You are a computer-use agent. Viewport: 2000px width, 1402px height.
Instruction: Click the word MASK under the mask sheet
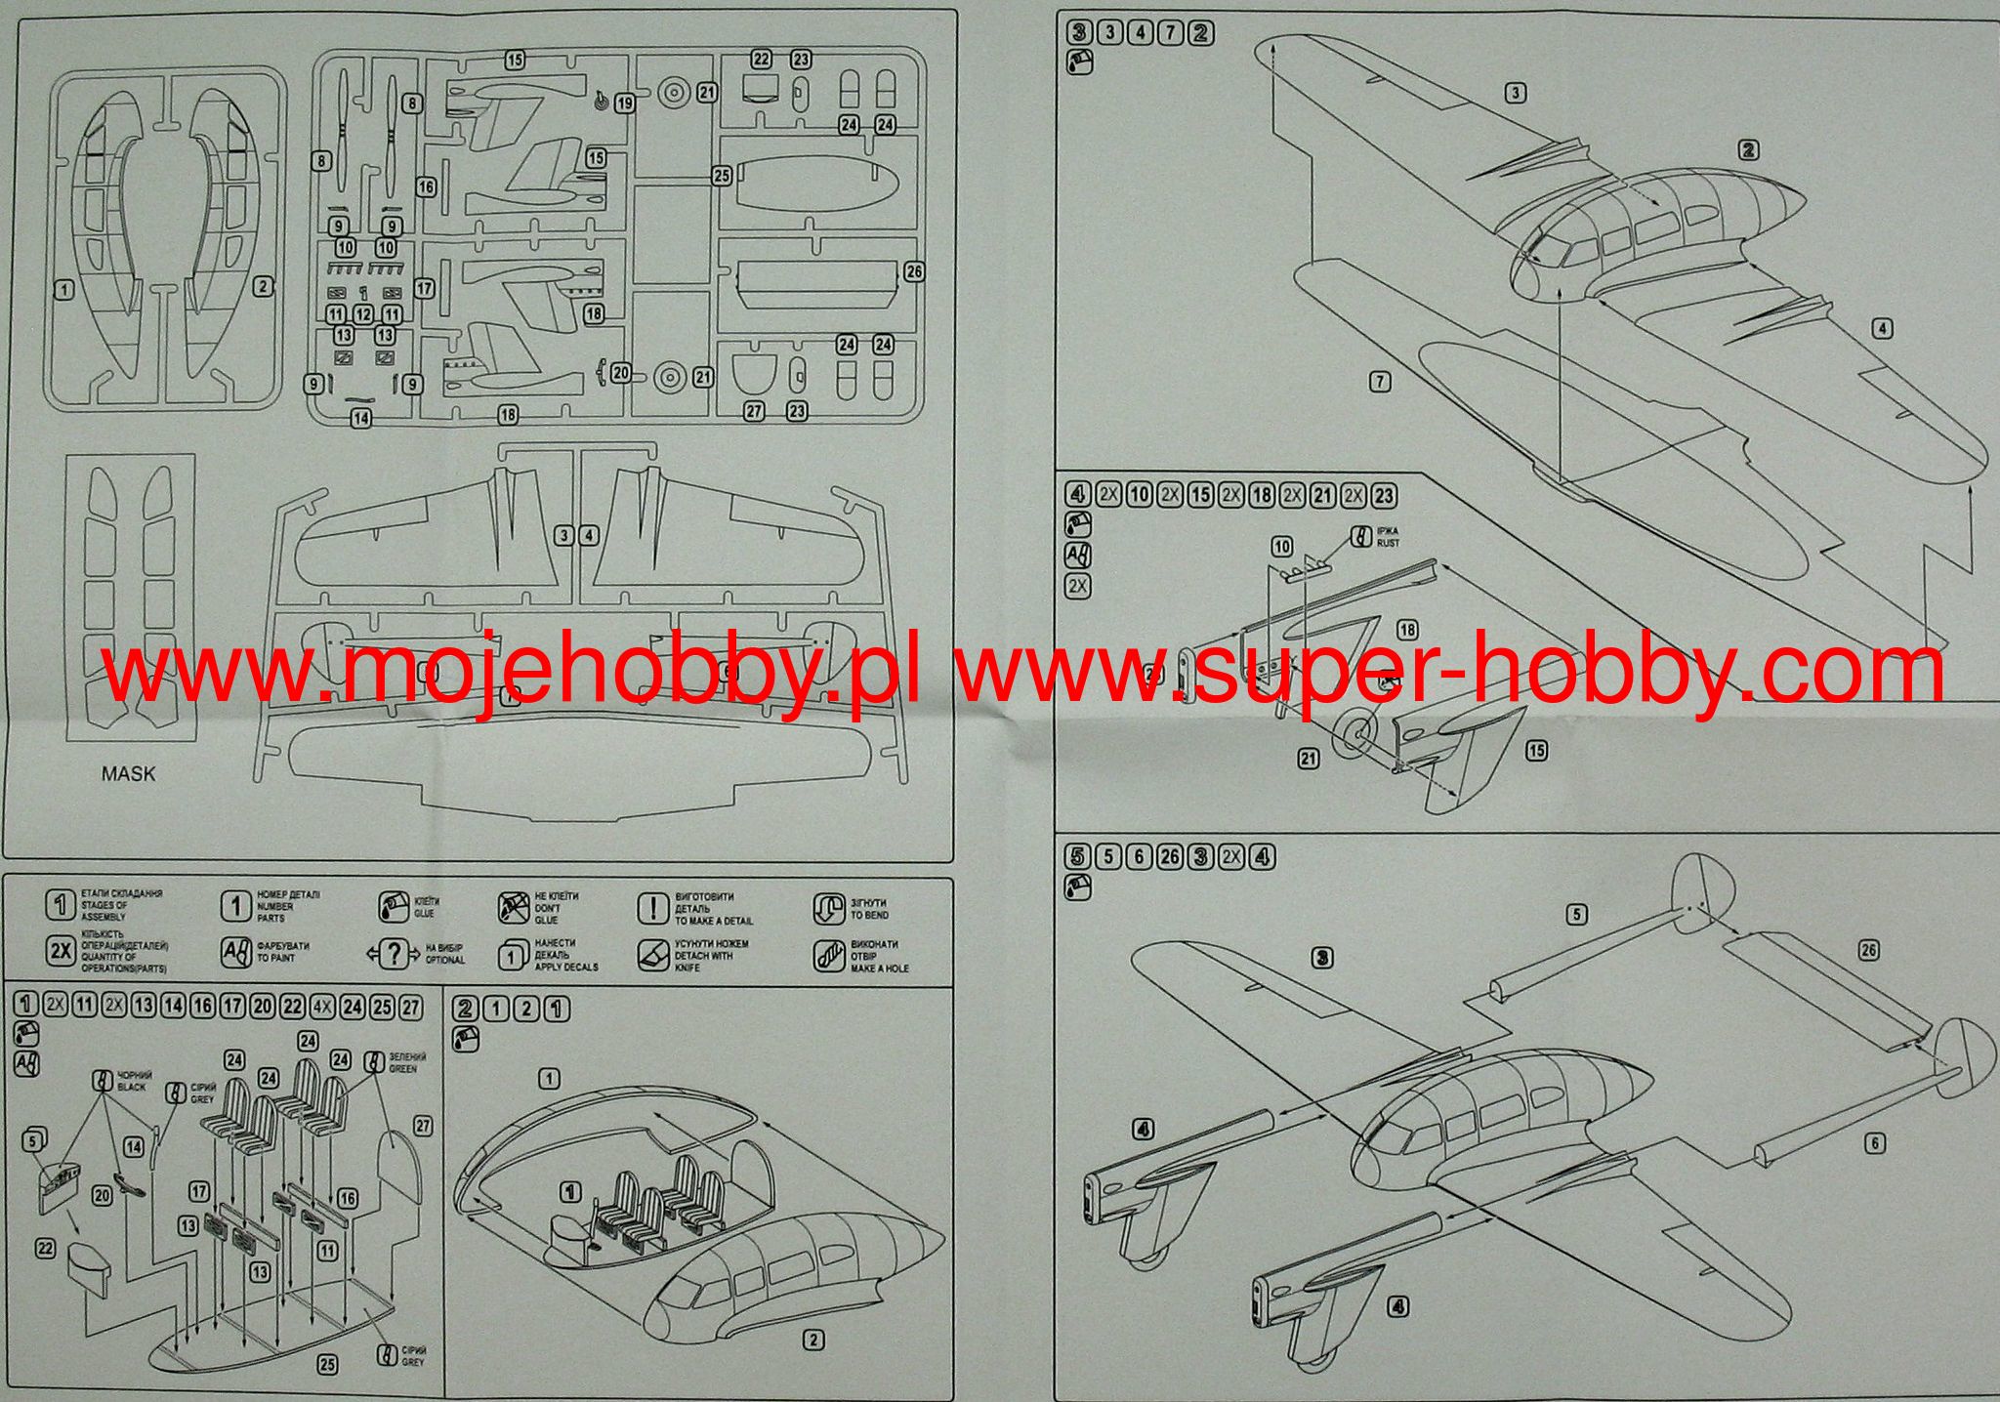128,774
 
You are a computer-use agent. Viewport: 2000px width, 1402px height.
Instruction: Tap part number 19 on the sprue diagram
624,103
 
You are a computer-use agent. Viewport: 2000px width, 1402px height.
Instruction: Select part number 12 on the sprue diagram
363,314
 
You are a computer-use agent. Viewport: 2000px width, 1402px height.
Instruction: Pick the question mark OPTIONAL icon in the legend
393,955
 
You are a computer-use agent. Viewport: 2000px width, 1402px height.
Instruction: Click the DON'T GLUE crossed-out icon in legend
513,908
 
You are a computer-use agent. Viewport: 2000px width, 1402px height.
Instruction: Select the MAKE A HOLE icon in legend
828,957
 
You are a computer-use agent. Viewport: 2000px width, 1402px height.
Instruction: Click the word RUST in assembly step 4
1387,544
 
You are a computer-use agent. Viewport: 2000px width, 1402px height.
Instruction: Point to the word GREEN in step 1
402,1069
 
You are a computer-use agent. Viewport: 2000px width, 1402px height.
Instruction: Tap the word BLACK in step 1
131,1087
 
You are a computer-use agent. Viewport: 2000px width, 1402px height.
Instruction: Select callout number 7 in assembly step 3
1380,383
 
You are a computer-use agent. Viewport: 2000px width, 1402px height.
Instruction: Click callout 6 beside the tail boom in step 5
1876,1143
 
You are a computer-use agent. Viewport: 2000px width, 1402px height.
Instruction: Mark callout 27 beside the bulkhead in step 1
422,1126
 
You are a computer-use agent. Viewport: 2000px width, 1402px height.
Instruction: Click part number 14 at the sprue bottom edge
361,418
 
